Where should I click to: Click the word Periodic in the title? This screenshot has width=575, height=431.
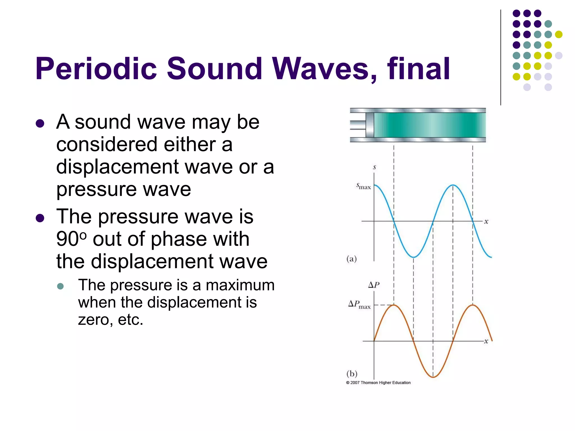[x=96, y=69]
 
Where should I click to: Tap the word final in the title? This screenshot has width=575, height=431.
[x=418, y=69]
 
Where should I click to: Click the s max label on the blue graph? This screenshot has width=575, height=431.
[x=363, y=186]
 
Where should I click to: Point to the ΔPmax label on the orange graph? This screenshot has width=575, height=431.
[x=359, y=304]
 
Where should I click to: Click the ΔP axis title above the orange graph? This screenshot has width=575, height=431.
[x=374, y=285]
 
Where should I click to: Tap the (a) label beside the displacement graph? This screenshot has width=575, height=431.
[x=352, y=258]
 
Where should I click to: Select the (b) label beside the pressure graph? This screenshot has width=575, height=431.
[x=352, y=373]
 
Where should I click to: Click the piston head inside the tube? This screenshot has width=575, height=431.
[x=370, y=125]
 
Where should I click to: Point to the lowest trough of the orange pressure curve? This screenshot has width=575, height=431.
[x=433, y=377]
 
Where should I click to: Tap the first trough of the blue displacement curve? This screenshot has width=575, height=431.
[x=413, y=257]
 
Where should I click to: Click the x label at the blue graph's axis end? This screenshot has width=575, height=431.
[x=486, y=222]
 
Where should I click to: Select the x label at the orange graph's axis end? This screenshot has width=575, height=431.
[x=486, y=341]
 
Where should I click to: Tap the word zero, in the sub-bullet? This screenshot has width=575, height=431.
[x=95, y=320]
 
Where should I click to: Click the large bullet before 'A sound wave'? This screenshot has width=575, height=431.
[x=40, y=123]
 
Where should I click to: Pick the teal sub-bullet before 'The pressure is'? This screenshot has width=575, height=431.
[x=60, y=286]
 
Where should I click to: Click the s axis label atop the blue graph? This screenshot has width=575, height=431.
[x=374, y=167]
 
